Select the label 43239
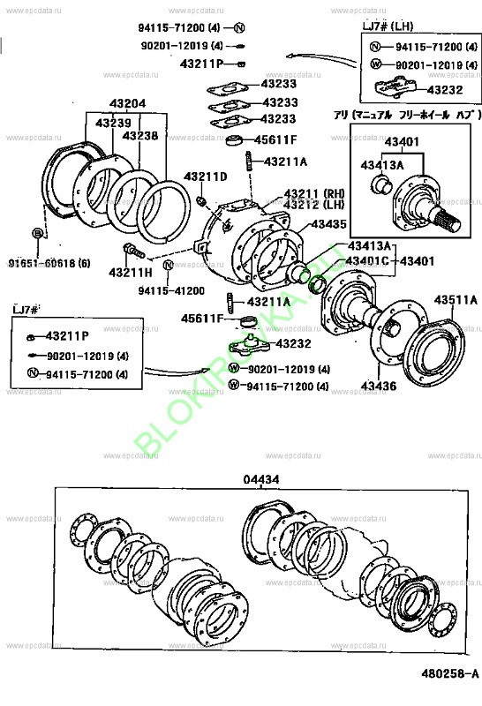point(113,122)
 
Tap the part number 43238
point(140,136)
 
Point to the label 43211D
point(205,176)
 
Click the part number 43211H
point(130,273)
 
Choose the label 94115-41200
point(171,290)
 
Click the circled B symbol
point(37,233)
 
